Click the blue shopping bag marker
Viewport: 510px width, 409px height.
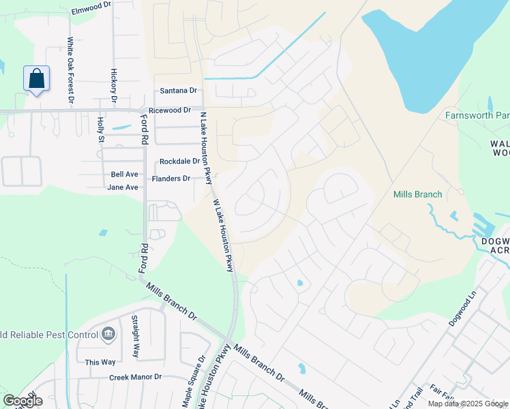[37, 78]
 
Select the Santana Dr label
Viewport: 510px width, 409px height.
[178, 90]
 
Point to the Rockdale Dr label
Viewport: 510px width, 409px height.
[179, 162]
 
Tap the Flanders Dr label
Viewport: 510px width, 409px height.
[170, 179]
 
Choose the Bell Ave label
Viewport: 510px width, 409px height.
[125, 175]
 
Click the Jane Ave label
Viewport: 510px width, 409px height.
[123, 187]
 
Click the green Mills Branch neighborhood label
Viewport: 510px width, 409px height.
[418, 194]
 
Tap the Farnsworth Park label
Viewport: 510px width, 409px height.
[477, 115]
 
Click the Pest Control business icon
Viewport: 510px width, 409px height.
[108, 334]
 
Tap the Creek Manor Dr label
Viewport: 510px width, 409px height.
[135, 376]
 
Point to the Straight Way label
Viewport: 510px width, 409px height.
[136, 337]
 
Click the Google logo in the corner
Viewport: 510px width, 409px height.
[22, 401]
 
